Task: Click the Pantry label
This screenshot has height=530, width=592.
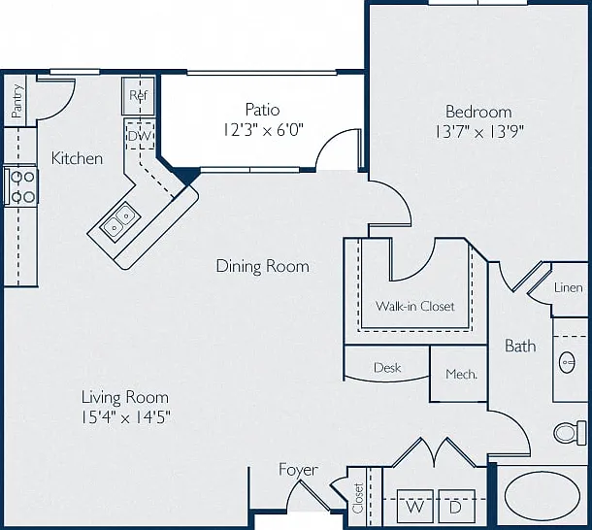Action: coord(17,101)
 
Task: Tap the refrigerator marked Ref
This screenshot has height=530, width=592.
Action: coord(138,96)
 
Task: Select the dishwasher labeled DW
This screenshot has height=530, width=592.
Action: coord(140,135)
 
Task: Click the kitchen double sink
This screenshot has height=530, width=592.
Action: coord(120,221)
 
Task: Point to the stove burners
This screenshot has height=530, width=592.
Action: coord(22,186)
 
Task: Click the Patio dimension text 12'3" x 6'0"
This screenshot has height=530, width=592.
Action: coord(263,130)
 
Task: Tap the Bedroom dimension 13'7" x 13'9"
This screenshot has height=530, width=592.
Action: coord(479,132)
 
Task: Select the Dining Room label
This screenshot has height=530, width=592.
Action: coord(263,266)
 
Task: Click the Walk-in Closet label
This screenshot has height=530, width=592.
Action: coord(415,306)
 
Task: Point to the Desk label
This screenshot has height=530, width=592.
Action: coord(387,368)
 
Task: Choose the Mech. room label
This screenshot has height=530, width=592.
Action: coord(461,374)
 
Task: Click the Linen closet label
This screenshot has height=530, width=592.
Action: coord(568,288)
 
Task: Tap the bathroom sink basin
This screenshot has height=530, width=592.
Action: coord(567,362)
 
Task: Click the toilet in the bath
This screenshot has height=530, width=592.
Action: coord(570,433)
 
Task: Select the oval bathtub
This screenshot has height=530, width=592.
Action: coord(543,495)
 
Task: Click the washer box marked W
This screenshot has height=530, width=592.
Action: coord(415,506)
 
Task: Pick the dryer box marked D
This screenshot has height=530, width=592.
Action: coord(456,506)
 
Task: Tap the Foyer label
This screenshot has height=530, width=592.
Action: coord(298,470)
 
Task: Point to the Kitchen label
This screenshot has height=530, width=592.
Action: coord(77,158)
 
